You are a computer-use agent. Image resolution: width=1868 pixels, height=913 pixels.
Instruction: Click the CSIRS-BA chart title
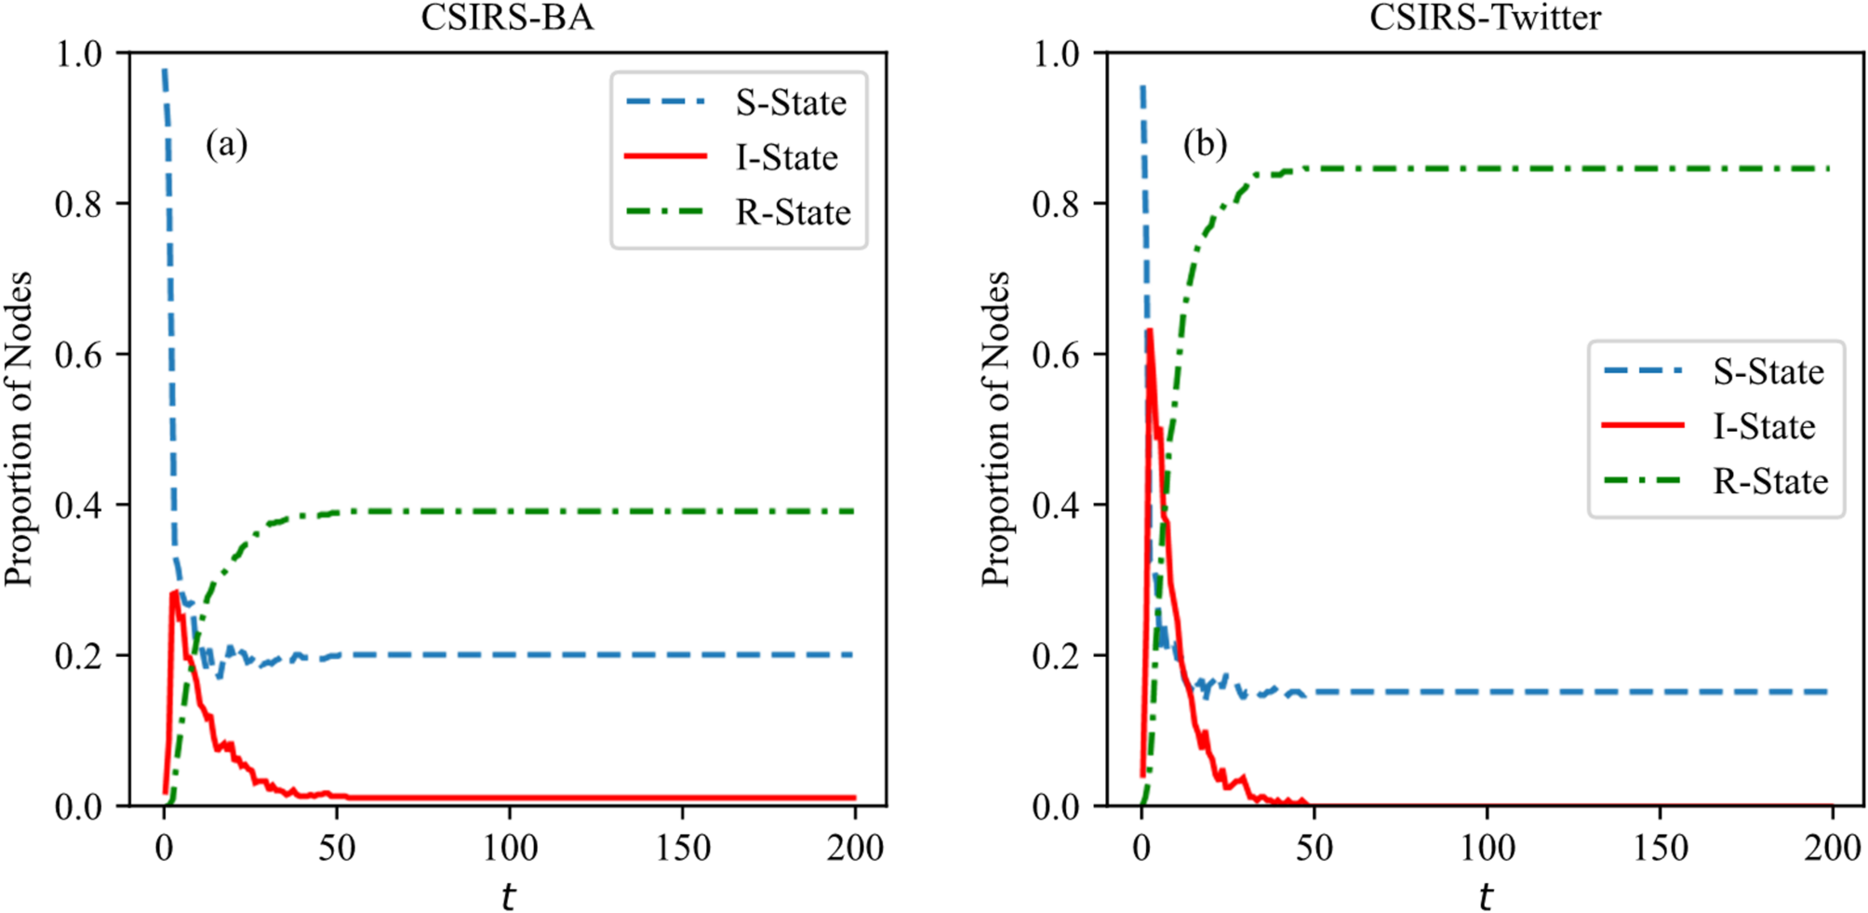[x=507, y=18]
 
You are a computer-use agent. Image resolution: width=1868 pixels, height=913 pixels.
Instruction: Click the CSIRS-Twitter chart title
[x=1485, y=18]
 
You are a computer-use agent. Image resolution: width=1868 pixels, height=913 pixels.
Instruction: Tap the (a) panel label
[x=226, y=144]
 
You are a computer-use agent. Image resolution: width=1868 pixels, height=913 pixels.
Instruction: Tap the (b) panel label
[x=1205, y=144]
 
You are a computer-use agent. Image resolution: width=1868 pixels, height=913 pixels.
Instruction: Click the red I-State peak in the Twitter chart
[x=1151, y=330]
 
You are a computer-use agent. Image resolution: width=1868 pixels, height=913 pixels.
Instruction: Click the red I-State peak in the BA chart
[x=174, y=592]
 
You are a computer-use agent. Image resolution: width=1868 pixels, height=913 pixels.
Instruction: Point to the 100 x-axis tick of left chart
[x=510, y=848]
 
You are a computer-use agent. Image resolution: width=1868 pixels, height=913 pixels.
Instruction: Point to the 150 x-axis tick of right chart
[x=1661, y=848]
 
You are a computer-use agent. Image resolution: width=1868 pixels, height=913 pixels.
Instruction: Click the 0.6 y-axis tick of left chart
[x=78, y=355]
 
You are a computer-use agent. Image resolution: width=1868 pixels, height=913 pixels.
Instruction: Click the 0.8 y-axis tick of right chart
[x=1056, y=204]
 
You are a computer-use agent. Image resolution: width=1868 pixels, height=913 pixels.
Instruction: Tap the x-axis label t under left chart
[x=508, y=896]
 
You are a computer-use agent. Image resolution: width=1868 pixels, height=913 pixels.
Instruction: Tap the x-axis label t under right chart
[x=1486, y=896]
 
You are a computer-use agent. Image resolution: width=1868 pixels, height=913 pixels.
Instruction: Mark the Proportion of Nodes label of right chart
[x=995, y=428]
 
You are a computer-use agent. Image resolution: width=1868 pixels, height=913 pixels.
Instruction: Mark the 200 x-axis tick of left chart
[x=855, y=848]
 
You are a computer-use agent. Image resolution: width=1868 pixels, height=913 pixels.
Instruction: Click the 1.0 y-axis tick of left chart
[x=78, y=54]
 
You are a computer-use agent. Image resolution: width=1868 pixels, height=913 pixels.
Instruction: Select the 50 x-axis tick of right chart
[x=1314, y=848]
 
